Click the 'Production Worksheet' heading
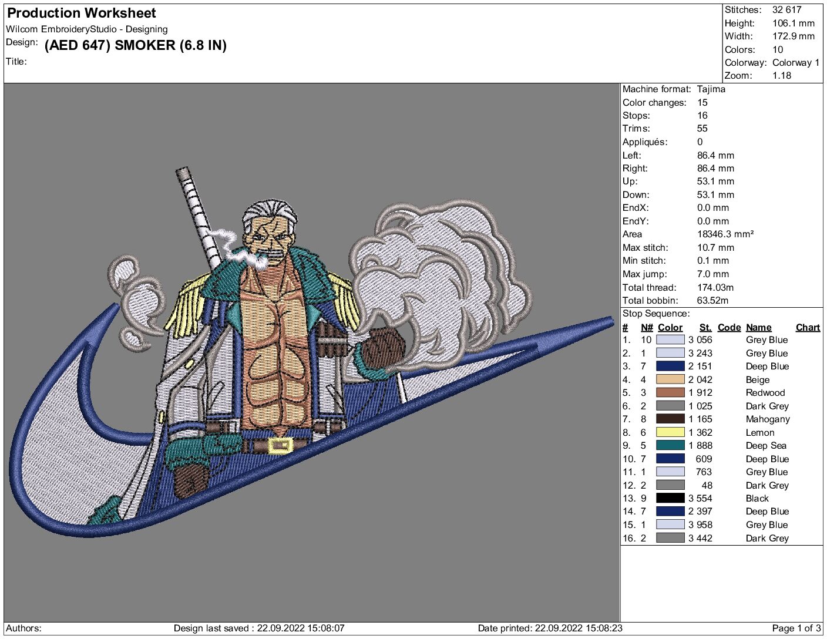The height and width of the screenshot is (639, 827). point(82,14)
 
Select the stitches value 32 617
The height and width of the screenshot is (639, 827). point(786,10)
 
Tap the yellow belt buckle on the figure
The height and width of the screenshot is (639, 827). point(281,445)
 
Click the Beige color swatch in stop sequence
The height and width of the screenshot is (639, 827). point(670,379)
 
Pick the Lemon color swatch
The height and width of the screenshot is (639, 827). point(670,432)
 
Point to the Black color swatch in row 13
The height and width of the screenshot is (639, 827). point(670,498)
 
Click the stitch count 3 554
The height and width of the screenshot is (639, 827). point(700,498)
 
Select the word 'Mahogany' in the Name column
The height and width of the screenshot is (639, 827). point(768,419)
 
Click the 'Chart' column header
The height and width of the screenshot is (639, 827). point(808,328)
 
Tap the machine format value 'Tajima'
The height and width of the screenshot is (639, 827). point(711,89)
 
